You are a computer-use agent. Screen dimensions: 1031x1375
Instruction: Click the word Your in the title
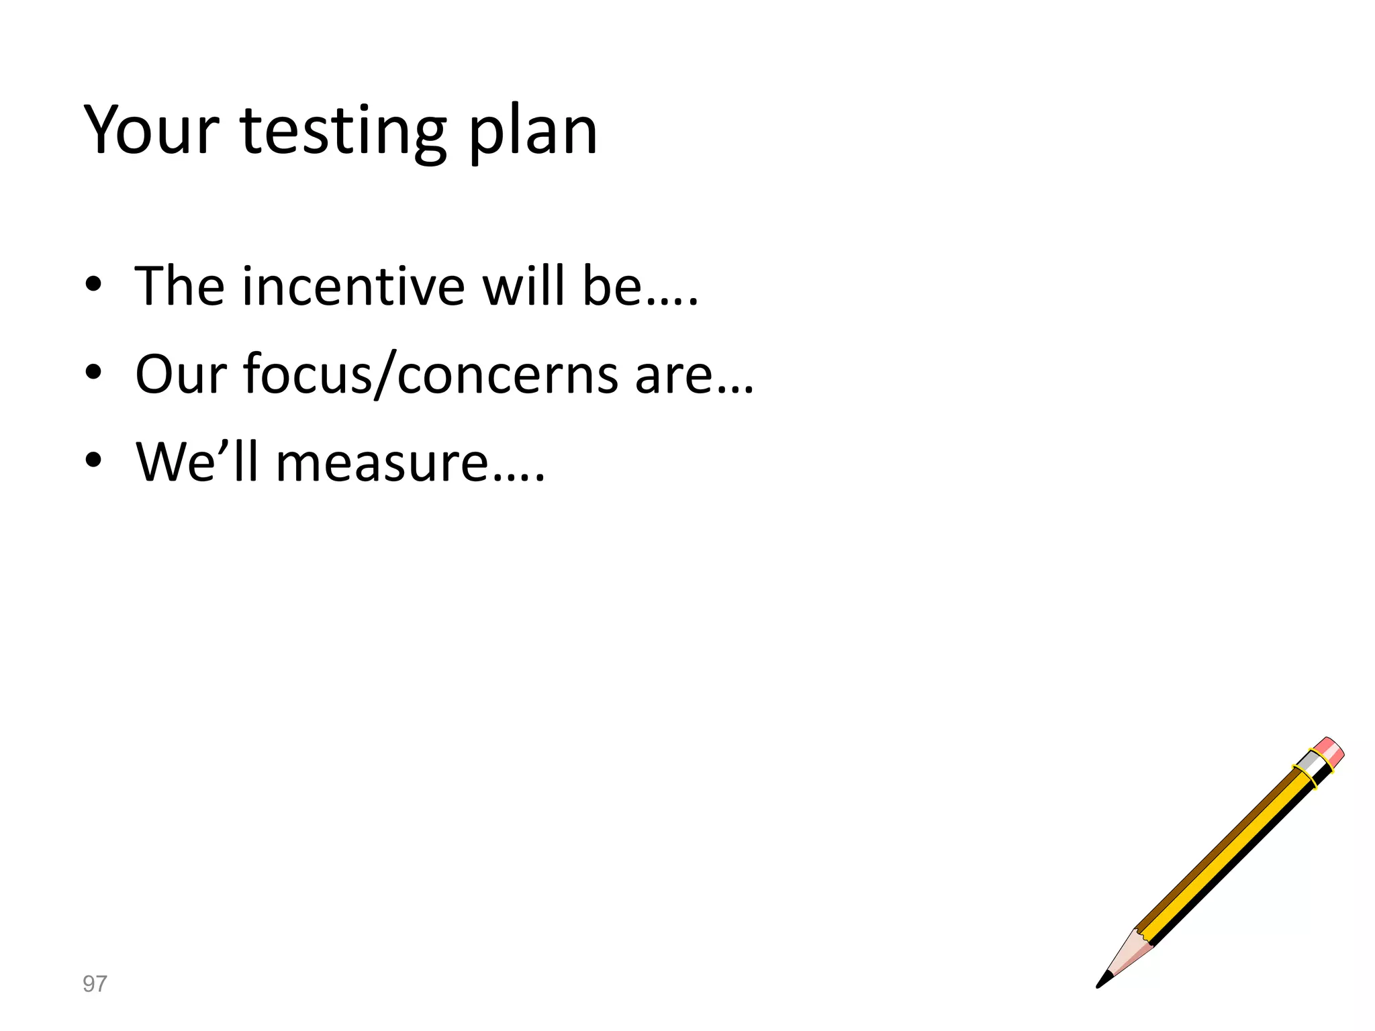pyautogui.click(x=152, y=130)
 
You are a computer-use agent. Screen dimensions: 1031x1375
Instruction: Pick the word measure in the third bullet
pyautogui.click(x=382, y=464)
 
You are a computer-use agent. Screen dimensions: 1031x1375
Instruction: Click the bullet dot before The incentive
pyautogui.click(x=94, y=285)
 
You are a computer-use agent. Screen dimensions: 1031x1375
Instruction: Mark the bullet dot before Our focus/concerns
pyautogui.click(x=94, y=373)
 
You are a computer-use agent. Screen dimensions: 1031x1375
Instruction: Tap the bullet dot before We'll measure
pyautogui.click(x=94, y=460)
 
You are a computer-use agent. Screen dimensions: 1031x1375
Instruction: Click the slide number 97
pyautogui.click(x=95, y=984)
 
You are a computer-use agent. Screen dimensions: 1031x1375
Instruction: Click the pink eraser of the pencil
pyautogui.click(x=1329, y=751)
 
